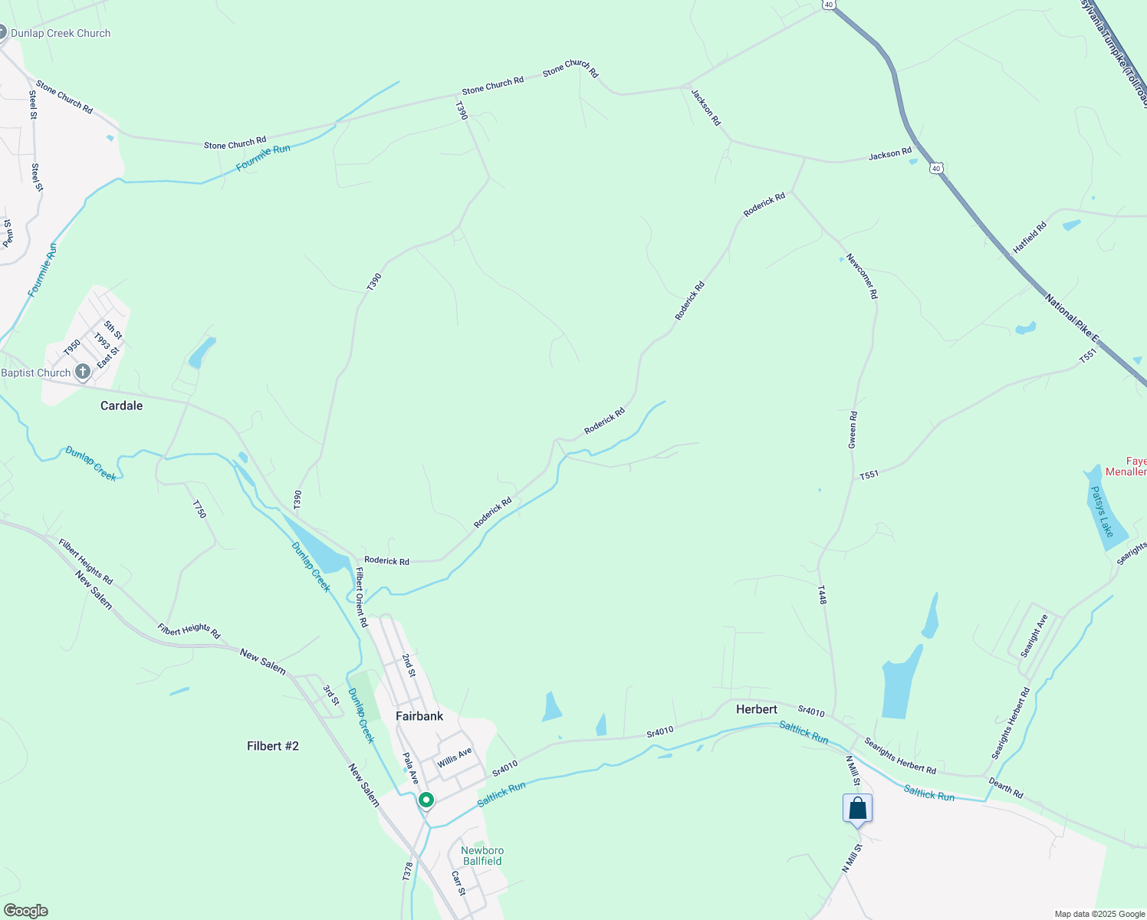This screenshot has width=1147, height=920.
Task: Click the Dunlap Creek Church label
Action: pos(60,33)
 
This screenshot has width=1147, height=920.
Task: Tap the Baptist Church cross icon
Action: pos(83,373)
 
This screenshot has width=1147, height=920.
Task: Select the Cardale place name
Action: pos(121,406)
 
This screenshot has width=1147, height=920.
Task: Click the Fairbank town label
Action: pos(419,716)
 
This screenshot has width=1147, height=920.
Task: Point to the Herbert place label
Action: pos(756,709)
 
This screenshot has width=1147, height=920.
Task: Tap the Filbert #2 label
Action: pos(273,746)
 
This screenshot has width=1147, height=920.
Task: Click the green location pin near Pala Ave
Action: pos(426,800)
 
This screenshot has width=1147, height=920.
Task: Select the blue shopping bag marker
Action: pos(857,809)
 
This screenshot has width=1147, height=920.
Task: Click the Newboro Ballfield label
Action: pos(482,856)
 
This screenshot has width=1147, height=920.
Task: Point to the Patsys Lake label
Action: pos(1102,511)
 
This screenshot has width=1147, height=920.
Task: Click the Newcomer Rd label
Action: pos(862,276)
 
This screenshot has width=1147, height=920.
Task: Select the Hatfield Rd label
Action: pos(1029,238)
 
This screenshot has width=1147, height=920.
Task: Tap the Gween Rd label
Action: pos(853,430)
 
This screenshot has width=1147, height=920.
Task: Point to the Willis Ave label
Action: pos(455,758)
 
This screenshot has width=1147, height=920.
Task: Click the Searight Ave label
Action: pos(1034,636)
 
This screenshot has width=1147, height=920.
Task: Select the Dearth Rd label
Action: pos(1006,788)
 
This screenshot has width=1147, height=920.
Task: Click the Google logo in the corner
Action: pos(26,911)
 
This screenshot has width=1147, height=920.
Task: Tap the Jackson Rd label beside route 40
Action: pos(889,155)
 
